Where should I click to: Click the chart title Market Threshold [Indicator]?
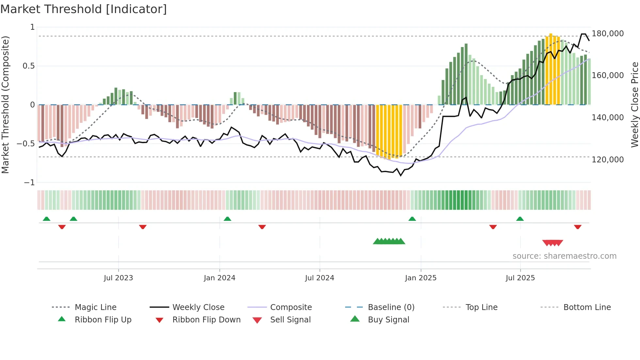pyautogui.click(x=84, y=9)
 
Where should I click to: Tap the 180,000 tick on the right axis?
pyautogui.click(x=607, y=34)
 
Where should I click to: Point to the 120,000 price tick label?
pyautogui.click(x=607, y=160)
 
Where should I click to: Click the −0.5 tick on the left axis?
pyautogui.click(x=26, y=144)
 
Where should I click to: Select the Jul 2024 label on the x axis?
pyautogui.click(x=319, y=278)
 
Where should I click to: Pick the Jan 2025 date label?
pyautogui.click(x=421, y=278)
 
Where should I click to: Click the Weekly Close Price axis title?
pyautogui.click(x=634, y=105)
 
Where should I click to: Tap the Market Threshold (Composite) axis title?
pyautogui.click(x=5, y=105)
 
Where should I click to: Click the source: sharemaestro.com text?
pyautogui.click(x=564, y=256)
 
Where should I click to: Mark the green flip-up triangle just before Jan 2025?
pyautogui.click(x=412, y=219)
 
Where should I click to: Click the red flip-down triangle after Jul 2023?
pyautogui.click(x=143, y=227)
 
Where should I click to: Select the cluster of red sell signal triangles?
pyautogui.click(x=552, y=243)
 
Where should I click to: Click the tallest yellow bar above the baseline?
pyautogui.click(x=551, y=69)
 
